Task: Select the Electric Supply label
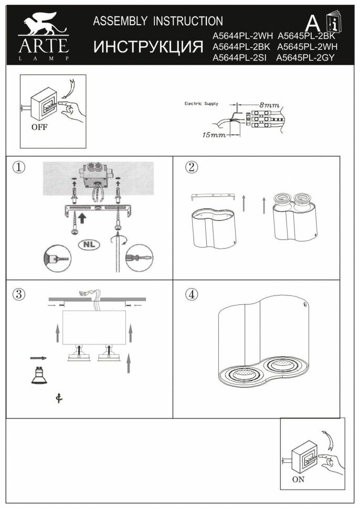(x=201, y=104)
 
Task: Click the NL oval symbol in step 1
(x=90, y=244)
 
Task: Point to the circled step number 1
(x=19, y=167)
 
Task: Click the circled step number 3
(x=19, y=294)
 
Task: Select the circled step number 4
(x=192, y=294)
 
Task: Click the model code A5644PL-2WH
(x=242, y=37)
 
